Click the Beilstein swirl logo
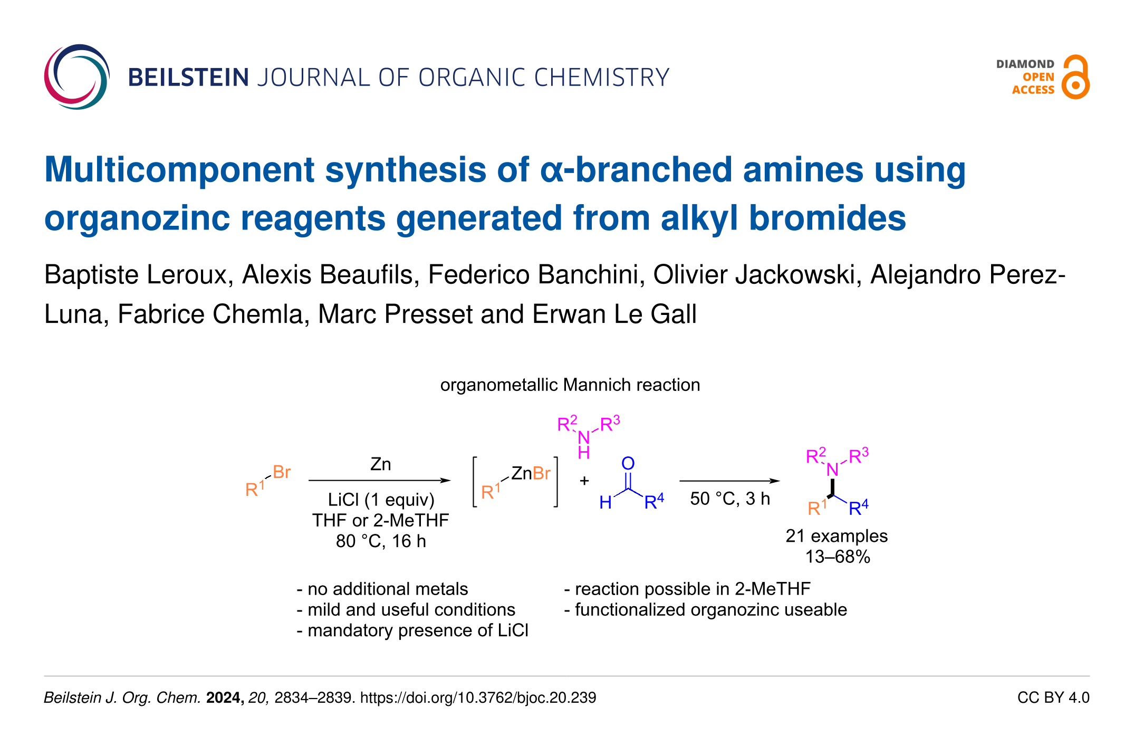[77, 77]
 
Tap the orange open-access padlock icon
[1075, 77]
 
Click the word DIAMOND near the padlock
[1025, 64]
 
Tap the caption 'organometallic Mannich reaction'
[570, 385]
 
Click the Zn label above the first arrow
[380, 464]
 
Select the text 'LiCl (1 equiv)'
[381, 500]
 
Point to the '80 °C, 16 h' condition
[381, 541]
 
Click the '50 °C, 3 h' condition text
[730, 499]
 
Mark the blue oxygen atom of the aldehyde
[628, 464]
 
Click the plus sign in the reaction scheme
[584, 481]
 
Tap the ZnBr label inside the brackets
[531, 473]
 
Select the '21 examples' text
[837, 536]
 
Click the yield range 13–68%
[838, 557]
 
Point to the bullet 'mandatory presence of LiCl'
[412, 630]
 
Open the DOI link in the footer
[478, 697]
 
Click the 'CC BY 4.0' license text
[1053, 697]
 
